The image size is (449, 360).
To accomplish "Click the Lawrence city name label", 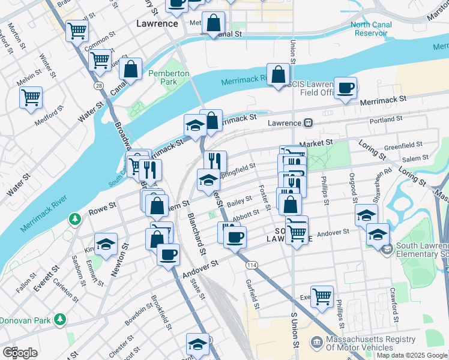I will [157, 24].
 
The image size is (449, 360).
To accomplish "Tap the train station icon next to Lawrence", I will [307, 122].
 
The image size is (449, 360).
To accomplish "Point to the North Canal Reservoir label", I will [377, 29].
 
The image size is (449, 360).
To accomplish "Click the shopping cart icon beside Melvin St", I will [31, 97].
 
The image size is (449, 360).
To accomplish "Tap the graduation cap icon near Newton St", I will [106, 244].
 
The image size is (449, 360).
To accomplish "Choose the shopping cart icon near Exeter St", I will [322, 296].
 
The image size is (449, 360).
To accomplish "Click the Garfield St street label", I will [252, 295].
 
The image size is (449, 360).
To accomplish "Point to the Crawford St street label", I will [394, 305].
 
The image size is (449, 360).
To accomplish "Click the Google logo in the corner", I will [20, 352].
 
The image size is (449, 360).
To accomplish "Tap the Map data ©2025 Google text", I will [411, 355].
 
